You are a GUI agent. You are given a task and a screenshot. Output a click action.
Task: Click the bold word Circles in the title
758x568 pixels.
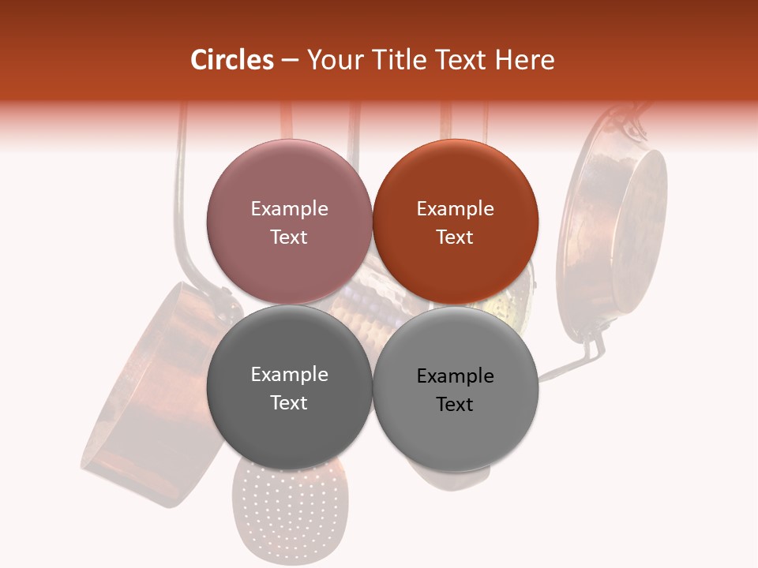pyautogui.click(x=232, y=60)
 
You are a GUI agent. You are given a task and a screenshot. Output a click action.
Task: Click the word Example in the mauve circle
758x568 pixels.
pyautogui.click(x=289, y=208)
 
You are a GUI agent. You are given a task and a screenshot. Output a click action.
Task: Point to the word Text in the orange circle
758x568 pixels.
pyautogui.click(x=455, y=237)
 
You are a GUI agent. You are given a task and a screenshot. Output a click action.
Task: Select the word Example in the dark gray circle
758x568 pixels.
pyautogui.click(x=289, y=374)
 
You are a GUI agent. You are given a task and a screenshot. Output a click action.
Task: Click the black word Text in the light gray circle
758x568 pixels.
pyautogui.click(x=455, y=404)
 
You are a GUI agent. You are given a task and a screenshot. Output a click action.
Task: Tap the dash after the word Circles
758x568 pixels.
pyautogui.click(x=290, y=61)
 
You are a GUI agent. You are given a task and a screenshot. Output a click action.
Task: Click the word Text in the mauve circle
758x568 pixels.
pyautogui.click(x=289, y=237)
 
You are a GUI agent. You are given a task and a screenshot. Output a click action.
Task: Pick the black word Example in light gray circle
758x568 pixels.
pyautogui.click(x=455, y=376)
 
